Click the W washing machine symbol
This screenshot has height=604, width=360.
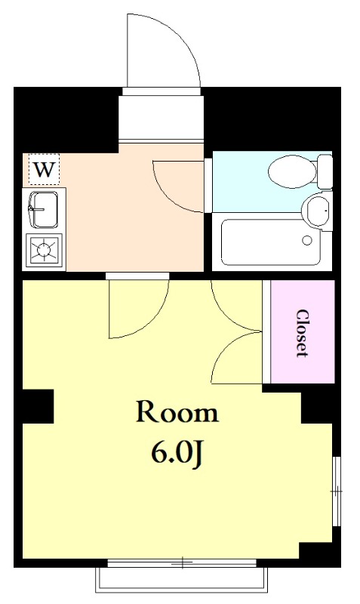(45, 169)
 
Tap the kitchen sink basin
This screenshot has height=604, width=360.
(43, 210)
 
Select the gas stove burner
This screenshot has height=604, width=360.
(44, 250)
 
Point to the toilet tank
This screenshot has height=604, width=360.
(325, 171)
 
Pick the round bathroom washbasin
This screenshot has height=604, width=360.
(318, 211)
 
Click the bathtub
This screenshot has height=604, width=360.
(271, 242)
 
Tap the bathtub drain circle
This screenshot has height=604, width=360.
(307, 240)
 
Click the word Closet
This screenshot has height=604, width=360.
(302, 333)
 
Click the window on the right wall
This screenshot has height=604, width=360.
(337, 492)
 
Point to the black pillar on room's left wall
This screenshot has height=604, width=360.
(38, 406)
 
